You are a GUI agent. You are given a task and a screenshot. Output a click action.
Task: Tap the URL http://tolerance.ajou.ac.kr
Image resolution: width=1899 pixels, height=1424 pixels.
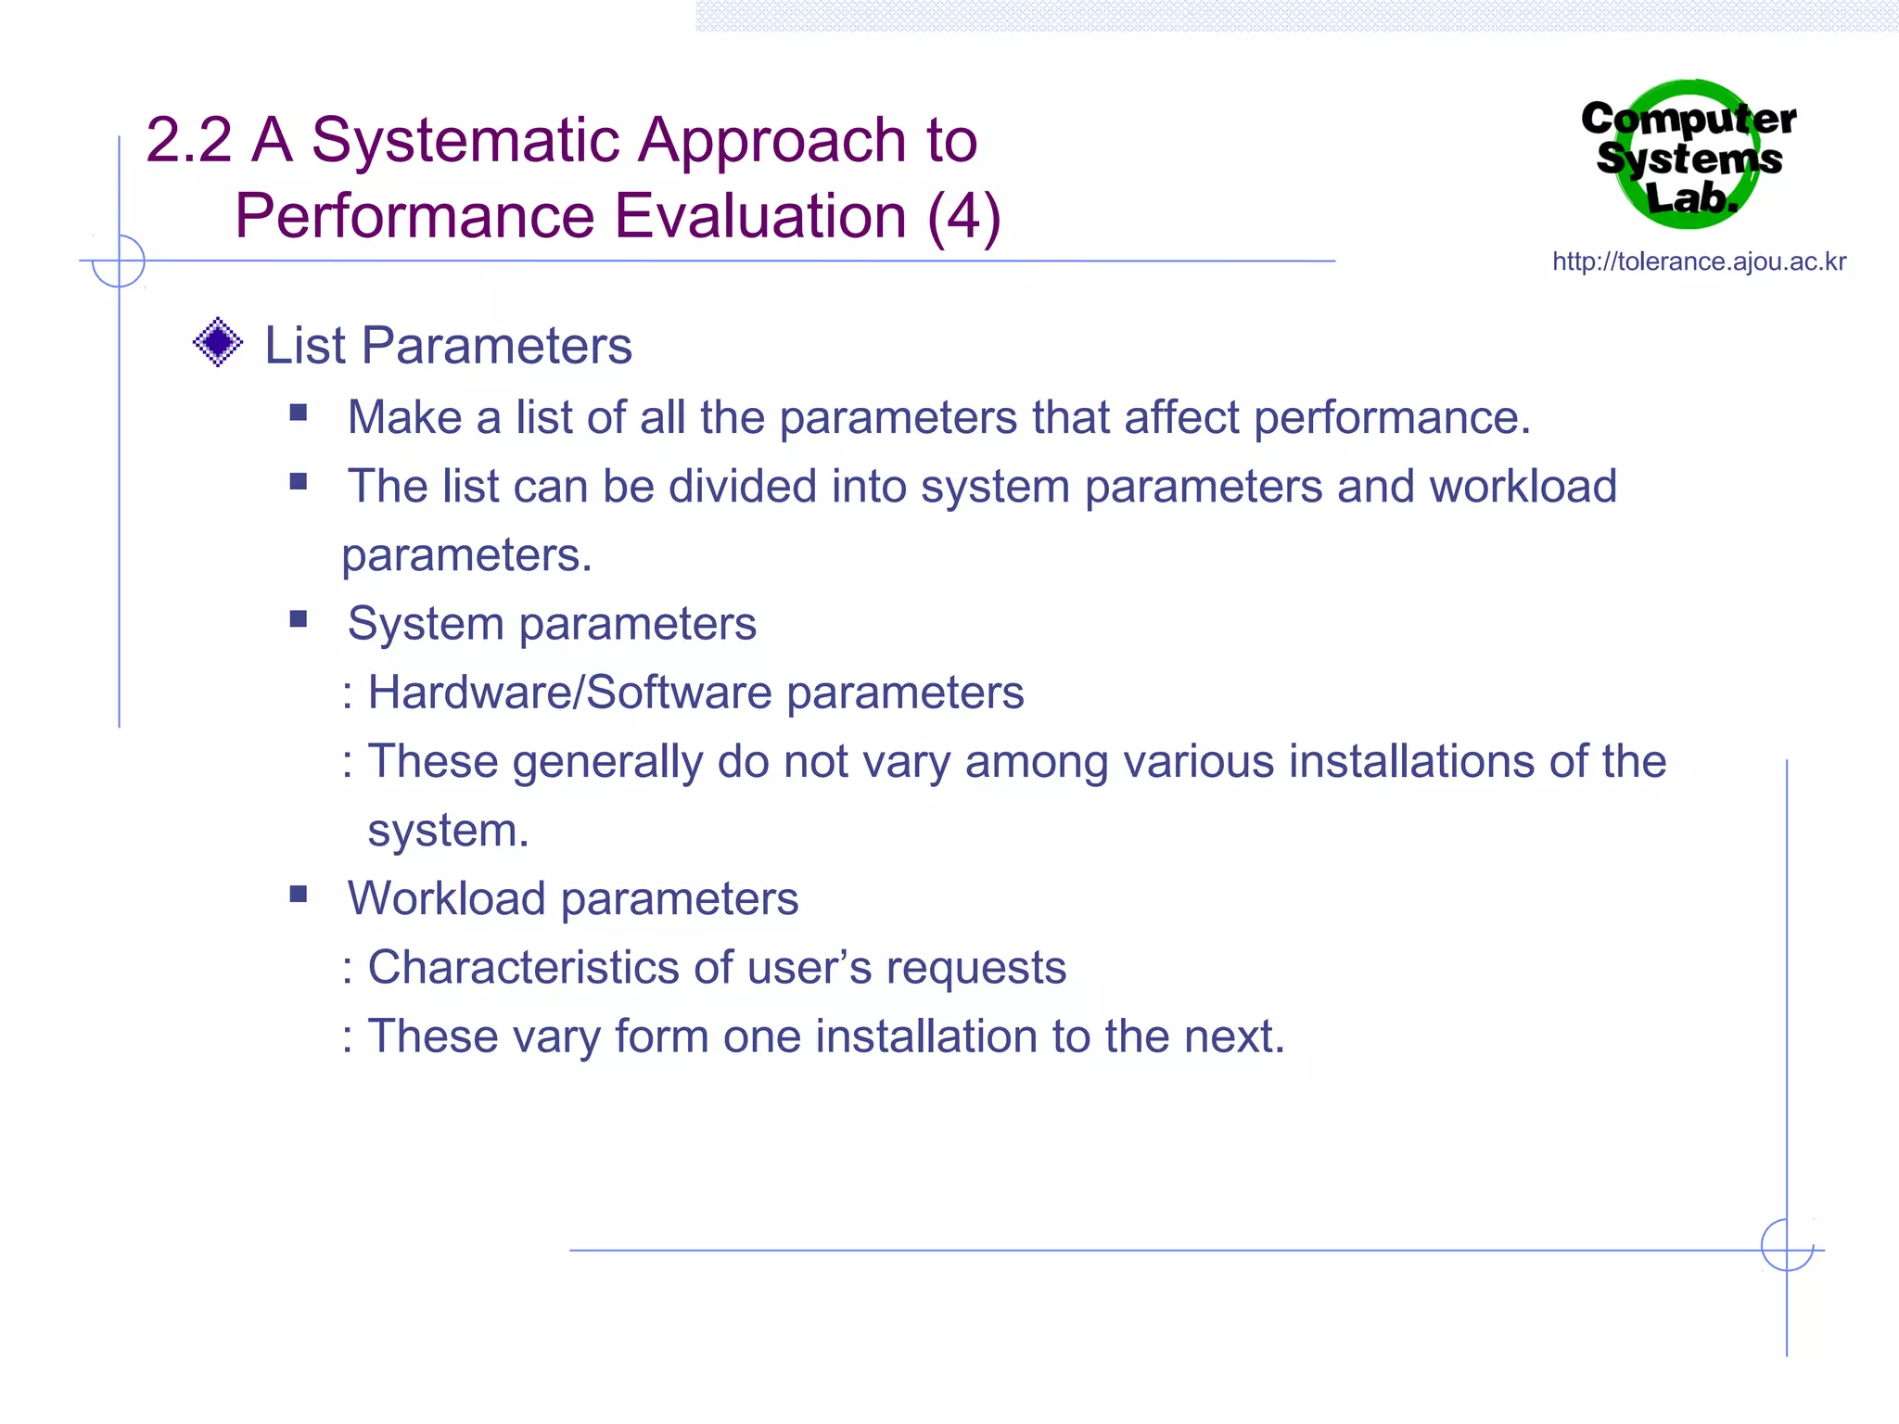(1699, 261)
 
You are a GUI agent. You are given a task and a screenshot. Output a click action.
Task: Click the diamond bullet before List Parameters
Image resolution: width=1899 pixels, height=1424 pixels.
(218, 342)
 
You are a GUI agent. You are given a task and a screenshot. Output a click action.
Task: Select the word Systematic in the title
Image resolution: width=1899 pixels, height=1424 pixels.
(465, 140)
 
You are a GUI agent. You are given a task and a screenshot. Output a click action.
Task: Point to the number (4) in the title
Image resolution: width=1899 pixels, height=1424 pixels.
(963, 216)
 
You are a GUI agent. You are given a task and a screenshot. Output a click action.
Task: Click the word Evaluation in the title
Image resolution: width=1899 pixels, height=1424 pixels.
(760, 216)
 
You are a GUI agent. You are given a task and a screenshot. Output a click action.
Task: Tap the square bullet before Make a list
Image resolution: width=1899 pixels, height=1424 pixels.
(299, 413)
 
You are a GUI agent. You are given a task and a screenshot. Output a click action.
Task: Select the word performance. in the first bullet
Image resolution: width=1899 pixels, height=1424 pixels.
(1392, 417)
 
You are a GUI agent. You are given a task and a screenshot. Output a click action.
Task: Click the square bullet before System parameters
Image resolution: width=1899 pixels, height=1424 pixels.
(299, 618)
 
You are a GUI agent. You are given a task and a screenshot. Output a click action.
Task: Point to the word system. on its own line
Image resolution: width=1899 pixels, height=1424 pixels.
(448, 831)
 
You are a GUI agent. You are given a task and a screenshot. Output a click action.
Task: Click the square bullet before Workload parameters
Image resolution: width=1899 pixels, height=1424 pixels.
(299, 894)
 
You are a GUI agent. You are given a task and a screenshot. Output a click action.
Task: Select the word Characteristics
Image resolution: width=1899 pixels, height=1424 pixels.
(524, 967)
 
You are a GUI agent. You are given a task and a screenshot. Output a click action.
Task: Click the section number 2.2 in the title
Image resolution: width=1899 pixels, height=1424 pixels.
(188, 140)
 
